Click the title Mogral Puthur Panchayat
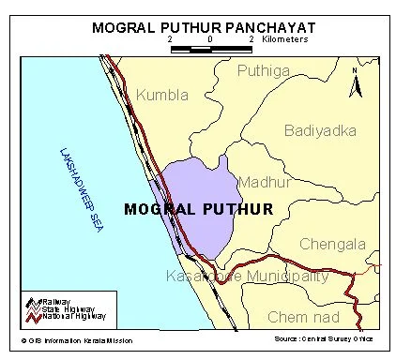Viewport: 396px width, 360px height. tap(198, 27)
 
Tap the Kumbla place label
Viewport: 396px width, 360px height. tap(162, 95)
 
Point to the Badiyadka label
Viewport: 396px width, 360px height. tap(319, 130)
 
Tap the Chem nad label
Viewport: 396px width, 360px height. tap(301, 317)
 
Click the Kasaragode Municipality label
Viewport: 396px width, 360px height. tap(247, 276)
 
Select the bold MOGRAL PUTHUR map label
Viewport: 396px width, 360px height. tap(198, 207)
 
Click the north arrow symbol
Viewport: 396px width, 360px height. tap(354, 83)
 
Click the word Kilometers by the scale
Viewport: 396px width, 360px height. tap(287, 40)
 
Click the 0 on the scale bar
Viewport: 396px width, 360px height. tap(210, 40)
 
